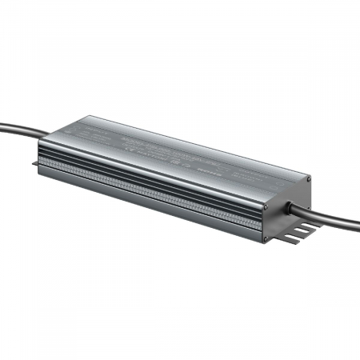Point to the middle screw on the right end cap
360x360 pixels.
coord(266,206)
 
